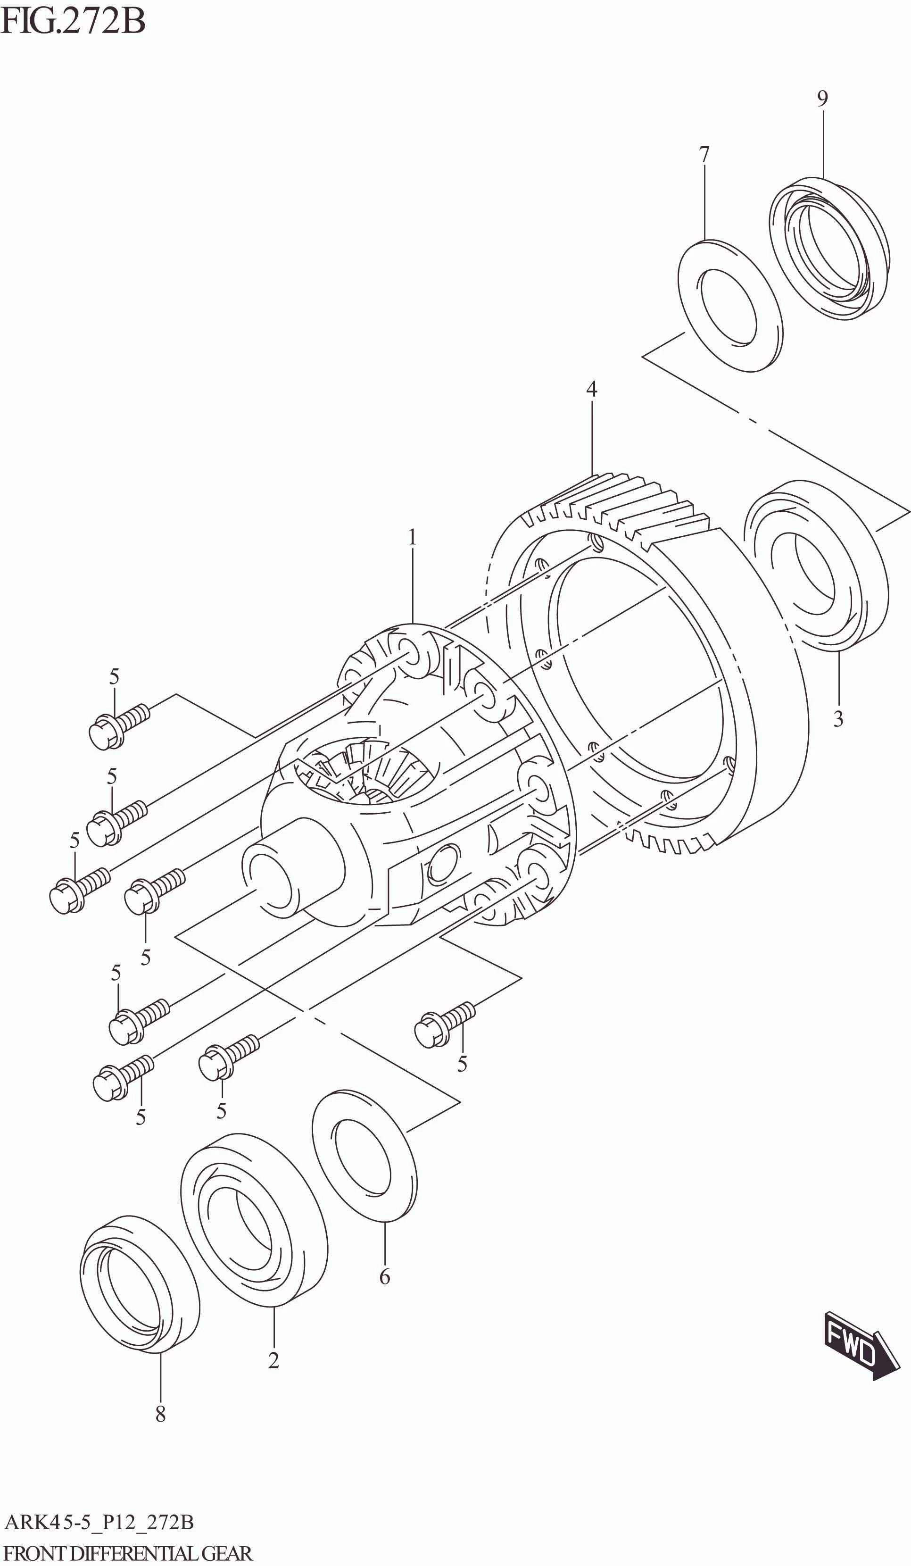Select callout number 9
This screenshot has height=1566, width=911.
[x=822, y=98]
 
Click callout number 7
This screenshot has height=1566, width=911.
[x=704, y=154]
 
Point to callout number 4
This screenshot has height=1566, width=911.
[x=592, y=389]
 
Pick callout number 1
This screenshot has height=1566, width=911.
[x=412, y=537]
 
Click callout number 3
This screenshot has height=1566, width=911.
[x=838, y=719]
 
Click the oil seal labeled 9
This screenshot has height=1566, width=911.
[x=829, y=249]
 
